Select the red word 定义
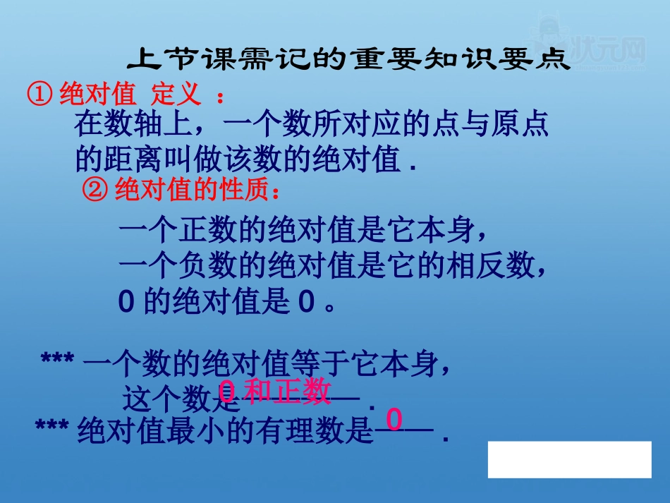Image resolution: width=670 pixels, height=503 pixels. tap(176, 94)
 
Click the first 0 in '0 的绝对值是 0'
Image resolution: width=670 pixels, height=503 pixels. tap(126, 303)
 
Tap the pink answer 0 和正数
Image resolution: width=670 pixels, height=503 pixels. tap(275, 392)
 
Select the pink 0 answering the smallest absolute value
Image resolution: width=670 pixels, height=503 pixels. tap(394, 420)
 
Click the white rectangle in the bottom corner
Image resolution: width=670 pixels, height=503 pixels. tap(569, 459)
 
